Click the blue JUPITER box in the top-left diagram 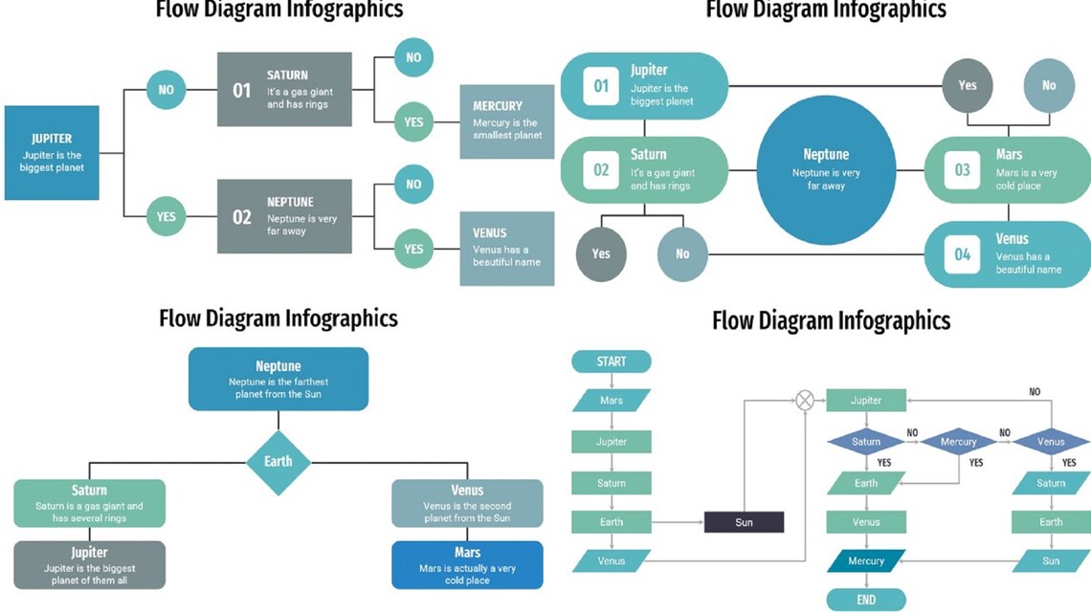(x=52, y=153)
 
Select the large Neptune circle (x=825, y=170)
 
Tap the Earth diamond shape (x=278, y=461)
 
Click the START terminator (x=612, y=361)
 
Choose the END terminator (x=866, y=600)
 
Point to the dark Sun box (x=744, y=522)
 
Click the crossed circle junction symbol (x=805, y=401)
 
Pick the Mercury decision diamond (x=958, y=441)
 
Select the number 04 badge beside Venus (x=963, y=254)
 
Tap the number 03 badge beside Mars (x=963, y=170)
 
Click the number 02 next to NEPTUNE (x=242, y=217)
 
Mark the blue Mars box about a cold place (x=467, y=565)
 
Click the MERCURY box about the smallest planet (x=507, y=121)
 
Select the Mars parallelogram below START (x=612, y=401)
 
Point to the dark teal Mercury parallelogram (x=866, y=561)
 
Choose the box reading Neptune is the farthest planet (x=278, y=379)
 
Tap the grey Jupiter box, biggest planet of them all (x=90, y=565)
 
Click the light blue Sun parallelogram (x=1051, y=561)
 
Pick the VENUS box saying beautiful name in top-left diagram (x=507, y=249)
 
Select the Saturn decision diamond (x=866, y=441)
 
